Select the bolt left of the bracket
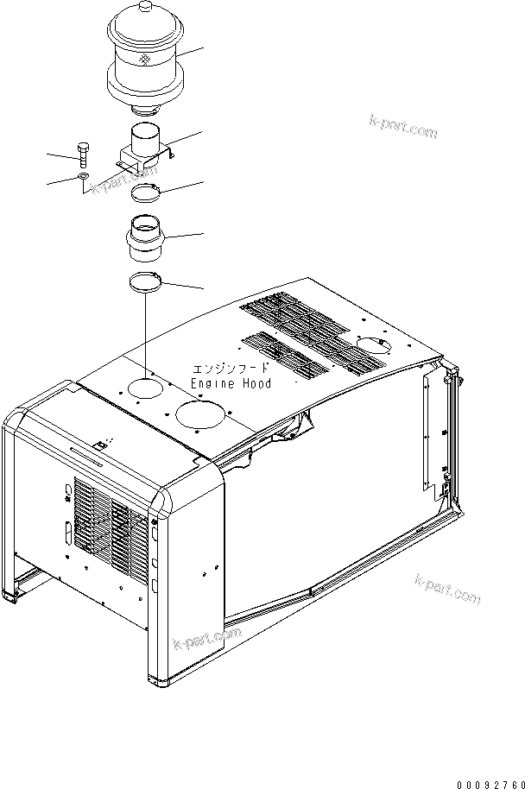pyautogui.click(x=82, y=154)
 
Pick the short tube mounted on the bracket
pyautogui.click(x=144, y=142)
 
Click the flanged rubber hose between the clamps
pyautogui.click(x=144, y=237)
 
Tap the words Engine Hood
pyautogui.click(x=231, y=383)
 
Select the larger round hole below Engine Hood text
pyautogui.click(x=202, y=414)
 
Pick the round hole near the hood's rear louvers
pyautogui.click(x=374, y=345)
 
